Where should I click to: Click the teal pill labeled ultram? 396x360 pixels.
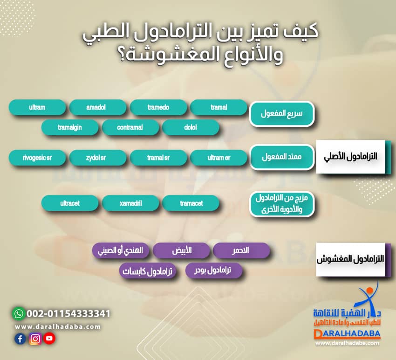[x=37, y=107]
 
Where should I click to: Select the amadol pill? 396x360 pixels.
[x=97, y=107]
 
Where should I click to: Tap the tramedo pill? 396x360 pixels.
[x=158, y=107]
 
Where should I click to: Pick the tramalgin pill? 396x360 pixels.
[x=70, y=127]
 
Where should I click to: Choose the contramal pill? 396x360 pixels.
[x=130, y=127]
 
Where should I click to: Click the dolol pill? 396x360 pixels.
[x=191, y=127]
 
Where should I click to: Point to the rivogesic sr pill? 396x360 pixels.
[x=37, y=158]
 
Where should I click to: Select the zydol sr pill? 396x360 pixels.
[x=97, y=158]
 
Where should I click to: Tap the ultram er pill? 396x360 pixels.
[x=218, y=158]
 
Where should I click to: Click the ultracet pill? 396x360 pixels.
[x=70, y=203]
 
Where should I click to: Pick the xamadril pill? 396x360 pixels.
[x=130, y=203]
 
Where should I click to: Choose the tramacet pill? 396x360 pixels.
[x=191, y=203]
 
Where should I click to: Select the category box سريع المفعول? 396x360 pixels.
[x=282, y=114]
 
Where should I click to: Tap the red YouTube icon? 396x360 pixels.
[x=49, y=339]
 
